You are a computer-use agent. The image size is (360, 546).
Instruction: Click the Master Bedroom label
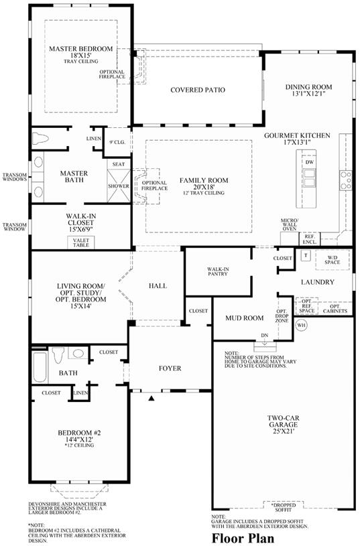point(80,49)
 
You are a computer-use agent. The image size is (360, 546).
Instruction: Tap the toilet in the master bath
point(40,138)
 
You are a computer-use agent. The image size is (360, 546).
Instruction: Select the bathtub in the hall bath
point(40,367)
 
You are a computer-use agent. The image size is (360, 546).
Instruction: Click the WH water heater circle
point(301,325)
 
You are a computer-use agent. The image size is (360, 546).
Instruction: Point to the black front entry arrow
point(152,398)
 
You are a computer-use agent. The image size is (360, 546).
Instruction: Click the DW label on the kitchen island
point(310,162)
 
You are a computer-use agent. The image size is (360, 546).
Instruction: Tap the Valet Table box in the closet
point(81,243)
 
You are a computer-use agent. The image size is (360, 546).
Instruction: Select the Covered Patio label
point(198,90)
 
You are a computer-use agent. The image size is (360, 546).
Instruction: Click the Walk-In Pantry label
point(218,271)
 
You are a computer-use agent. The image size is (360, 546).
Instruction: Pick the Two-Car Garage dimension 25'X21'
point(283,431)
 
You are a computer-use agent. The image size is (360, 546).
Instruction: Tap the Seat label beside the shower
point(119,164)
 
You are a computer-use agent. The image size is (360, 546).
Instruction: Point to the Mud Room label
point(244,318)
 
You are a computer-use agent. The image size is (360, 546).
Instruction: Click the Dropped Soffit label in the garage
point(284,508)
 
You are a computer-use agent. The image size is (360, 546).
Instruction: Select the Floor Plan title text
point(243,538)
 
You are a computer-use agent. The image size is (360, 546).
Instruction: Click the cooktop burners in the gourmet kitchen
point(346,180)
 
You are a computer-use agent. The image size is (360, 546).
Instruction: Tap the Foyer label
point(170,368)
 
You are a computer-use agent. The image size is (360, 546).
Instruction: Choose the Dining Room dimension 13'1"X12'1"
point(308,94)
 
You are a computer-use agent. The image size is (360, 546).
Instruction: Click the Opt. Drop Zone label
point(282,316)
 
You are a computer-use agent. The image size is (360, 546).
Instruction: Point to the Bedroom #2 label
point(79,433)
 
